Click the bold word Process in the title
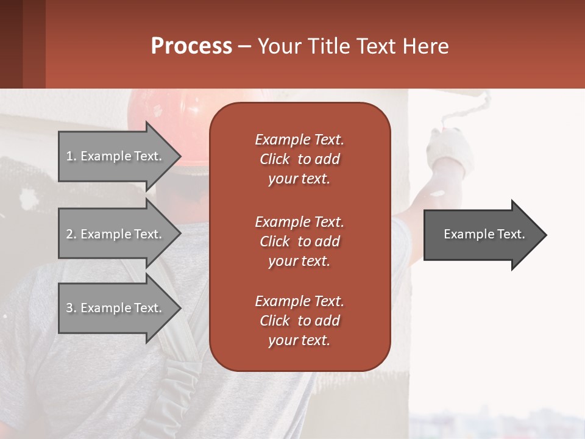[x=191, y=46]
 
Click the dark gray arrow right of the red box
[x=481, y=235]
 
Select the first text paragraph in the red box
[x=299, y=159]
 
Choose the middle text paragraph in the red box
[x=299, y=241]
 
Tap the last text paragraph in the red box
[x=299, y=321]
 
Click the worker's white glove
[x=451, y=152]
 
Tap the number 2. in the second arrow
[x=71, y=234]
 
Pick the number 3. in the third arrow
[x=71, y=308]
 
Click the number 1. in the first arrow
[x=71, y=156]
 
